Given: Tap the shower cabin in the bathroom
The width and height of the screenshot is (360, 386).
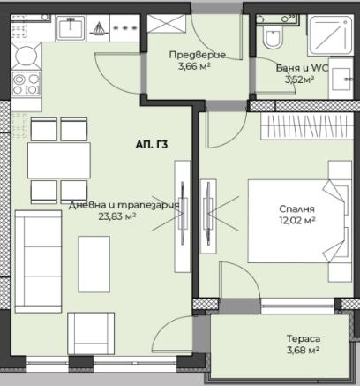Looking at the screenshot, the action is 330,35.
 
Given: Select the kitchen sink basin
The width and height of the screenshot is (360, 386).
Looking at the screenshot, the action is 71,28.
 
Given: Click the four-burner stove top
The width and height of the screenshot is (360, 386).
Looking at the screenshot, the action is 26,83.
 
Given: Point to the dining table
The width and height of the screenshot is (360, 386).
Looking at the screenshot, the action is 59,160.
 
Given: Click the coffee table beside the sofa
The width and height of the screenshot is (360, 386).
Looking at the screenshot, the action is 94,264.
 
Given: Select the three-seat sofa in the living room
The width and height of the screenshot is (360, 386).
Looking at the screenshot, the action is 38,261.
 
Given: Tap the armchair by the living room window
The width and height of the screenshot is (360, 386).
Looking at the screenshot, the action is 91,334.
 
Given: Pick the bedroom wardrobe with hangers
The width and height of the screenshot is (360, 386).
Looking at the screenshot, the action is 307,125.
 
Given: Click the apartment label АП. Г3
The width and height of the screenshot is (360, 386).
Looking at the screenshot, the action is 152,145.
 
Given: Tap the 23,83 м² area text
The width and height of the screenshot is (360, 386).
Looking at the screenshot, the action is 116,217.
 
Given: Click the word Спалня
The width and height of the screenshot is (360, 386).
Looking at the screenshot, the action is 296,209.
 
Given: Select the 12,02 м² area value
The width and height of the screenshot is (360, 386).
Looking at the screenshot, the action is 297,220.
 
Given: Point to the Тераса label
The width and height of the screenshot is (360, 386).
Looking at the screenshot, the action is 304,338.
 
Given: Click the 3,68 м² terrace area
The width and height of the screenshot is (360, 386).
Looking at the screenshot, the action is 304,350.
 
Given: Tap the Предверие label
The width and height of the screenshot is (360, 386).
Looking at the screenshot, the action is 198,55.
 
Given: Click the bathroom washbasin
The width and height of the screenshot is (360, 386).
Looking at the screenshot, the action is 341,79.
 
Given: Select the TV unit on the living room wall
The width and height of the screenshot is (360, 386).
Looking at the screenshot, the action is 183,216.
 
